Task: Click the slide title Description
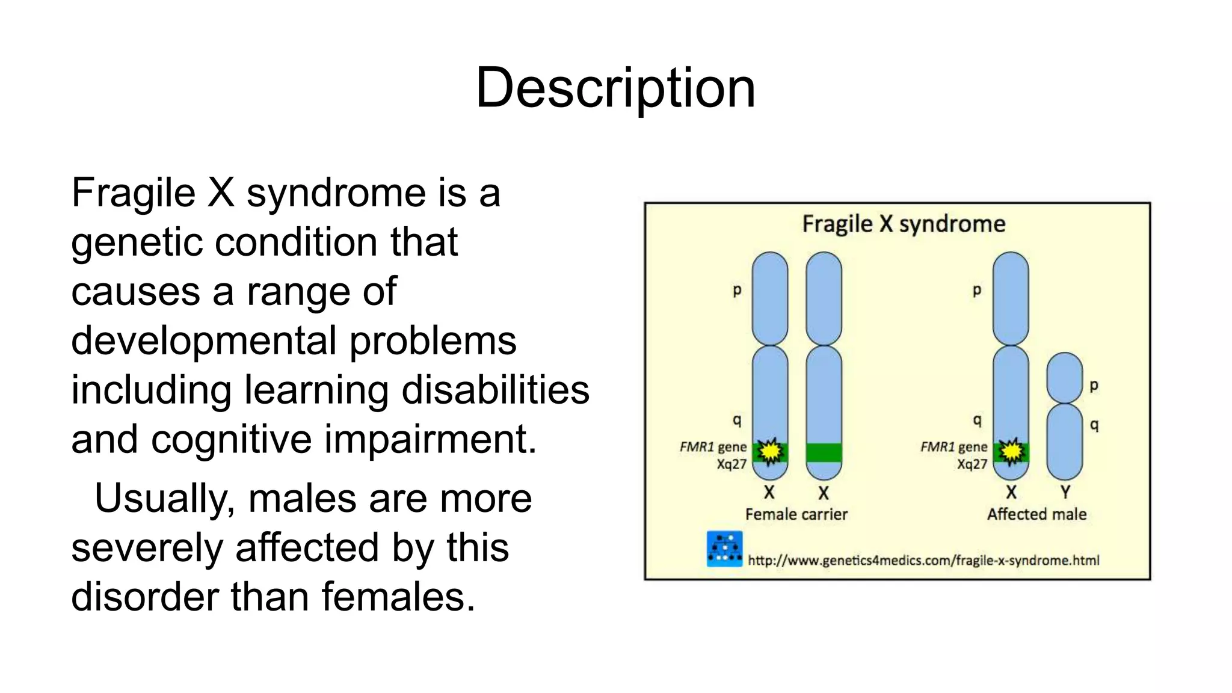615,88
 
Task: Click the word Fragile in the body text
133,193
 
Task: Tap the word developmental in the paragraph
203,341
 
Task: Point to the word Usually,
164,499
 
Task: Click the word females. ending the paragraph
398,597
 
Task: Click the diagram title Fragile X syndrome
904,224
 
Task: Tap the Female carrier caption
796,514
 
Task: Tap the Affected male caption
1036,514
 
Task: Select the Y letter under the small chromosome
1065,492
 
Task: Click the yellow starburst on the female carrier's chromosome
769,451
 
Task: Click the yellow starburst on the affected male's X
1011,451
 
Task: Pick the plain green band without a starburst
824,452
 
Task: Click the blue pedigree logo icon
724,549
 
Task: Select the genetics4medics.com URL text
923,561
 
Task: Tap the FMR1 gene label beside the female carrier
713,447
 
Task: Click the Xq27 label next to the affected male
972,464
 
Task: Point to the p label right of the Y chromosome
1094,386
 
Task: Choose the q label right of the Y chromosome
1094,425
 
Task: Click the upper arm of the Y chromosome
1064,378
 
